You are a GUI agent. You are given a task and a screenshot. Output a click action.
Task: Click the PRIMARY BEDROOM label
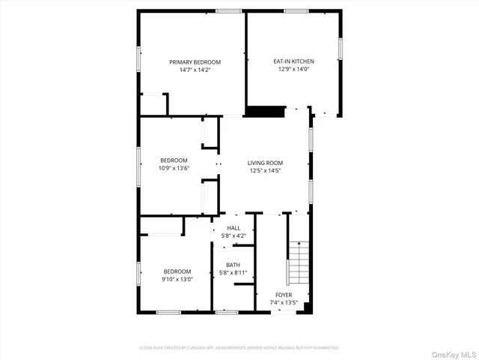point(195,61)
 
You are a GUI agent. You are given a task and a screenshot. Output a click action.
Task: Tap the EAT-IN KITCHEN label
point(292,61)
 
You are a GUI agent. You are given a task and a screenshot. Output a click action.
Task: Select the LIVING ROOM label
point(266,163)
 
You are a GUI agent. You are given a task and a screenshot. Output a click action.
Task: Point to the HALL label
point(234,228)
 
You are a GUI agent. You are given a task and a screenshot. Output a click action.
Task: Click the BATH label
point(234,265)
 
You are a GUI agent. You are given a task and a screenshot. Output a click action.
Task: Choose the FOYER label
point(284,295)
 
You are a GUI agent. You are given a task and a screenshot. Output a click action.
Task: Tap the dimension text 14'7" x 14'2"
point(195,70)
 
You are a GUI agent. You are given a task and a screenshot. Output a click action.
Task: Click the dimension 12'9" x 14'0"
point(292,69)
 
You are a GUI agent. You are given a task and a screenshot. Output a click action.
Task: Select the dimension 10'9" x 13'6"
point(174,168)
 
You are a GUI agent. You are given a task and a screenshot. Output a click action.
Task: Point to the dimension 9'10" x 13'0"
point(177,279)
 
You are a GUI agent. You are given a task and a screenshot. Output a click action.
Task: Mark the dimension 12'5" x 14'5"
point(266,171)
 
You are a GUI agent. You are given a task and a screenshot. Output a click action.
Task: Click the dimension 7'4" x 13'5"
point(284,303)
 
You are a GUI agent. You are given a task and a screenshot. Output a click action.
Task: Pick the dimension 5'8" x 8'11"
point(234,272)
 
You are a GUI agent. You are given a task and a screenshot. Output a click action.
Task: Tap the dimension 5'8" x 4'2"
point(234,235)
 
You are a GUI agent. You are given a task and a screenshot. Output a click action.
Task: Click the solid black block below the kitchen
point(266,111)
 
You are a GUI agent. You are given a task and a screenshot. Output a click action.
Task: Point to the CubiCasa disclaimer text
point(239,348)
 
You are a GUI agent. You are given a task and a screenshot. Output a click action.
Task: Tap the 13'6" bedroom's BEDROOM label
point(174,160)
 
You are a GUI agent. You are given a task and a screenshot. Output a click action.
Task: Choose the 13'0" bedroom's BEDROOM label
point(177,271)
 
